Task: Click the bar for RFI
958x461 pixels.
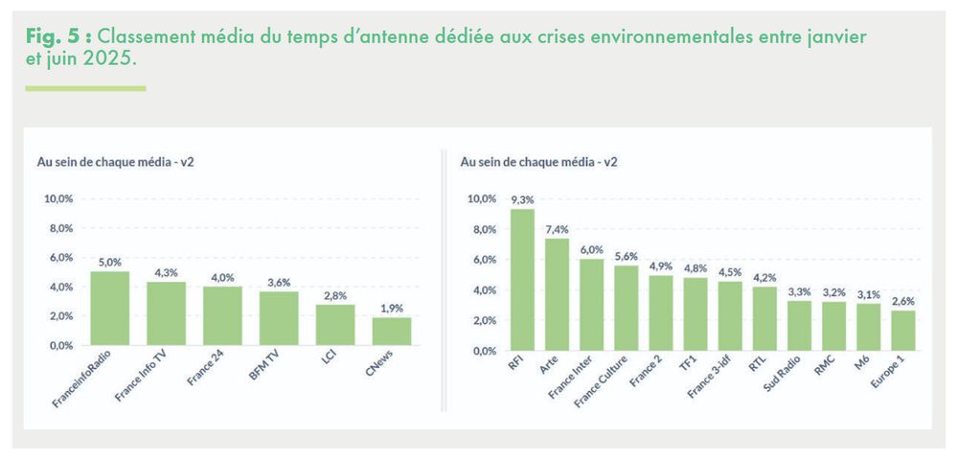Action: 522,280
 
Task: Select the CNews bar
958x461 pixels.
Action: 391,331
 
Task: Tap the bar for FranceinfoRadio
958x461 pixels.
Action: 109,308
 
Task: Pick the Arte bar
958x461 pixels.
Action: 557,294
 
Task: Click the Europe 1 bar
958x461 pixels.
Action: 902,330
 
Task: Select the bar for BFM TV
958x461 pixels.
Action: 279,318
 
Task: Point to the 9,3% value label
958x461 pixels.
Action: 522,199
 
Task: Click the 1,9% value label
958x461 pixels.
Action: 391,308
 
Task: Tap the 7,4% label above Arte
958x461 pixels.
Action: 557,229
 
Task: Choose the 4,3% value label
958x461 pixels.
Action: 166,272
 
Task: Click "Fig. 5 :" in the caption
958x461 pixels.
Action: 57,35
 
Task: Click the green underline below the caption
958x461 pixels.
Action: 85,88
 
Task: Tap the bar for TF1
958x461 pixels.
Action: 695,313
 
